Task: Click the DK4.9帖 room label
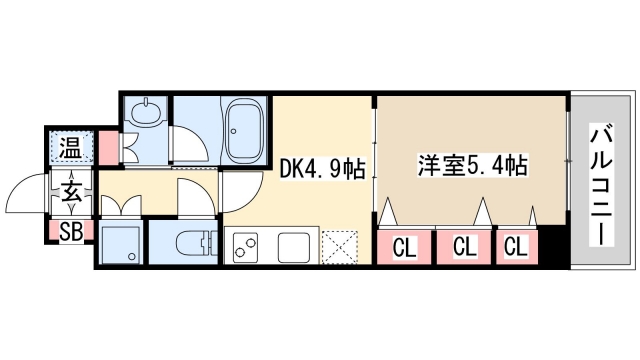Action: click(x=322, y=171)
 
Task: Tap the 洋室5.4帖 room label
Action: click(x=471, y=166)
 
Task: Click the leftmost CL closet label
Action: click(x=404, y=245)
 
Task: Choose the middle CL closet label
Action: click(x=464, y=245)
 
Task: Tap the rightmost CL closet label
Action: click(x=516, y=245)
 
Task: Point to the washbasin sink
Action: click(x=145, y=113)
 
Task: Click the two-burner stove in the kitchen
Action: click(x=249, y=246)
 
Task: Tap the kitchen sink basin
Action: click(x=294, y=246)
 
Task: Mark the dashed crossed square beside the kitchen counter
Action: click(x=341, y=246)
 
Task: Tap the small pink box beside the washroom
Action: click(x=104, y=149)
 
